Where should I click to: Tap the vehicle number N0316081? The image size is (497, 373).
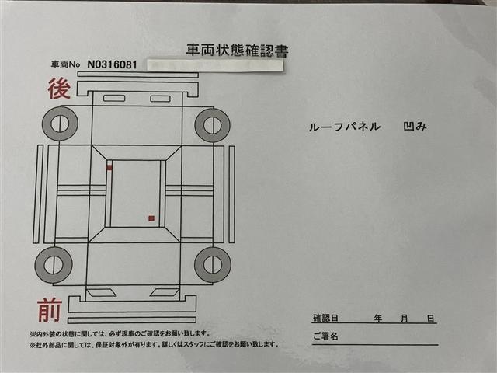click(x=116, y=65)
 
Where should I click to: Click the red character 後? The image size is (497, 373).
click(x=60, y=89)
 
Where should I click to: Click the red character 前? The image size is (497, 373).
click(x=50, y=311)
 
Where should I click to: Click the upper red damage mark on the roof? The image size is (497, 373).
click(x=109, y=167)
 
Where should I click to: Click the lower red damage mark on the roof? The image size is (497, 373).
click(x=151, y=218)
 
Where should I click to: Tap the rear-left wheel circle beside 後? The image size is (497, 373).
click(x=60, y=124)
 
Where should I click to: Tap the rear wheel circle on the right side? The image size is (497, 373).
click(x=212, y=124)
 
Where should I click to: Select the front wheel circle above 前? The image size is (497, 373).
click(x=54, y=265)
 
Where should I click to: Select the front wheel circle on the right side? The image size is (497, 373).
click(x=212, y=265)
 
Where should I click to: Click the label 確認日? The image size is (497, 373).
click(x=325, y=319)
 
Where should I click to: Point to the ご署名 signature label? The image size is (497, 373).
click(x=327, y=337)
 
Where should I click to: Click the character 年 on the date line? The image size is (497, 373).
click(x=378, y=319)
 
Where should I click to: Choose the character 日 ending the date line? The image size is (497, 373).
click(x=429, y=319)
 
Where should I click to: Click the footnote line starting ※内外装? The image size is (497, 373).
click(x=148, y=333)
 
